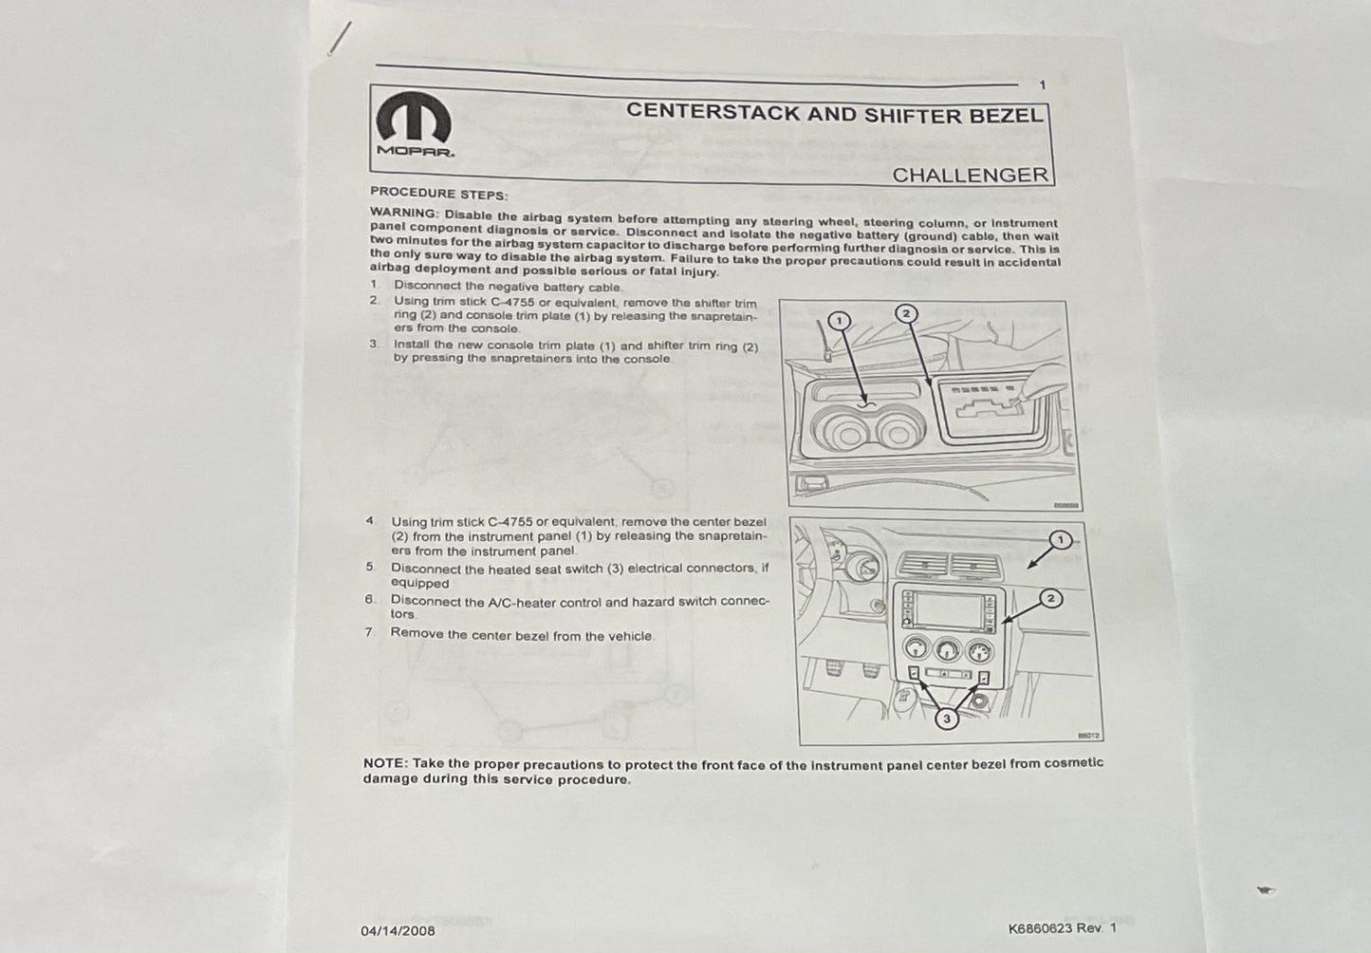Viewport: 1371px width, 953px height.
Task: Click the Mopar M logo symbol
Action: pyautogui.click(x=414, y=117)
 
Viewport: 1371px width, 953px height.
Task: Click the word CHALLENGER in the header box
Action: pyautogui.click(x=970, y=176)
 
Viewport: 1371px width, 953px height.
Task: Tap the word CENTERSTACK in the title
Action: pyautogui.click(x=713, y=111)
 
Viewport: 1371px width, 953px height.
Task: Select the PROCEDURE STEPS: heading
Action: pyautogui.click(x=439, y=194)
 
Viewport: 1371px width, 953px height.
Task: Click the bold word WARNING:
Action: pyautogui.click(x=404, y=214)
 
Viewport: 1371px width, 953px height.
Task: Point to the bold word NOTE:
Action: pyautogui.click(x=385, y=763)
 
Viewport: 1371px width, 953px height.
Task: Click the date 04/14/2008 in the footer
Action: pyautogui.click(x=398, y=931)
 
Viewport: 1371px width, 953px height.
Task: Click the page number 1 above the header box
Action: pyautogui.click(x=1043, y=85)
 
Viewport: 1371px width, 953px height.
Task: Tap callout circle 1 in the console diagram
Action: pyautogui.click(x=839, y=320)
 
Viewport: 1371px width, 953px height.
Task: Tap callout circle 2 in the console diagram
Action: pyautogui.click(x=906, y=313)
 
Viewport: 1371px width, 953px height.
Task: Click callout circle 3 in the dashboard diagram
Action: pyautogui.click(x=947, y=719)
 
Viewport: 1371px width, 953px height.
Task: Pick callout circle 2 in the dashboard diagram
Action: pyautogui.click(x=1051, y=598)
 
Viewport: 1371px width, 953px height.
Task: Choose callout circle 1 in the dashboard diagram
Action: pyautogui.click(x=1060, y=540)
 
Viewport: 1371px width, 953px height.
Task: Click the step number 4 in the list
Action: pyautogui.click(x=370, y=521)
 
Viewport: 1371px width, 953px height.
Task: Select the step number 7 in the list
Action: pyautogui.click(x=368, y=632)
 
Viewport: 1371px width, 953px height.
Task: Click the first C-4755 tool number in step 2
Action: pyautogui.click(x=513, y=302)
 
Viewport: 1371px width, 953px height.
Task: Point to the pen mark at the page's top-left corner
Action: pyautogui.click(x=341, y=39)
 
